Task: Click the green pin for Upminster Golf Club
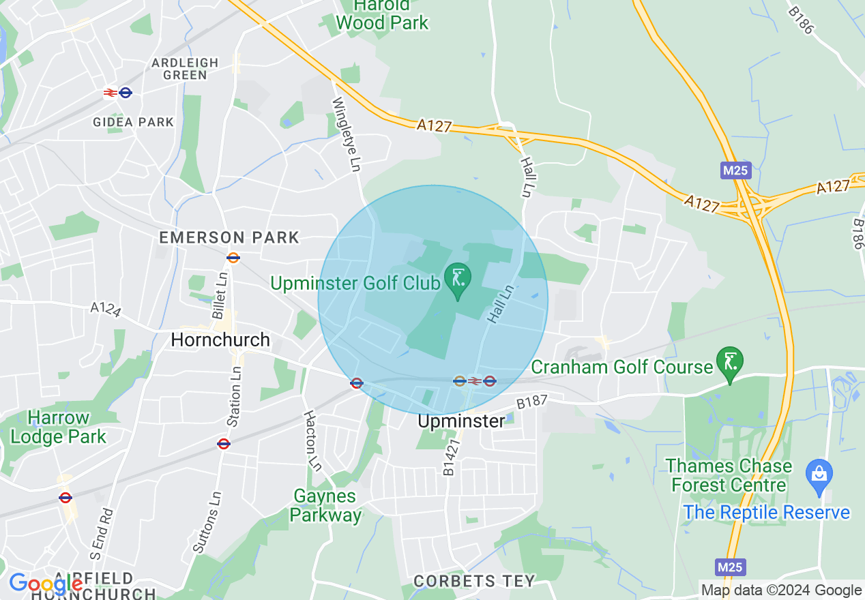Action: coord(458,279)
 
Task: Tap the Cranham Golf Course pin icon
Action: coord(730,362)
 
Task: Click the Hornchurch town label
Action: coord(220,340)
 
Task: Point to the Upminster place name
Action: coord(461,421)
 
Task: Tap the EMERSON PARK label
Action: coord(229,238)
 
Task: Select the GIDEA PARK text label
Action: coord(134,122)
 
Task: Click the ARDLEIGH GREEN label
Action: coord(185,69)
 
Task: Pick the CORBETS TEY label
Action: coord(474,581)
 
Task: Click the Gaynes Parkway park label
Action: coord(325,505)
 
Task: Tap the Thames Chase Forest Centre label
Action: coord(729,476)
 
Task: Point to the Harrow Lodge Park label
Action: coord(59,427)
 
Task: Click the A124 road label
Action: coord(106,310)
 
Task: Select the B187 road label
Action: coord(532,403)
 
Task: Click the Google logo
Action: coord(46,584)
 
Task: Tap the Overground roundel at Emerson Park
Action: coord(233,258)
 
